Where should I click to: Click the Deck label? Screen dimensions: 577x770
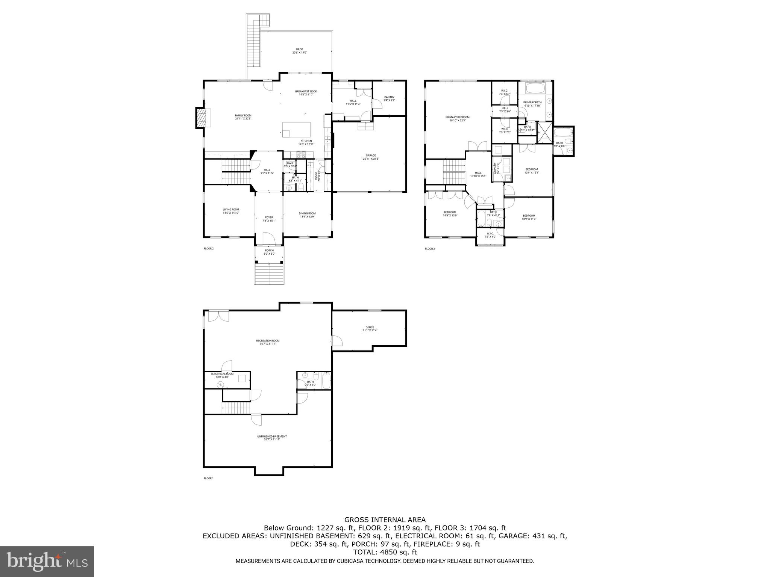click(299, 51)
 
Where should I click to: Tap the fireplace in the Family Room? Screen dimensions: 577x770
click(202, 118)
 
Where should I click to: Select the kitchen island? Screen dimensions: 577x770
click(297, 130)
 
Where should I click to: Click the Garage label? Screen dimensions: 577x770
click(371, 157)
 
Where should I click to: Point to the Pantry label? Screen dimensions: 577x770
click(389, 98)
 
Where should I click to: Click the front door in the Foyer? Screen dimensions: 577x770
click(269, 237)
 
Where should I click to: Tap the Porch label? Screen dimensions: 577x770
click(269, 252)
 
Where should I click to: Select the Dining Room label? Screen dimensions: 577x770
click(307, 215)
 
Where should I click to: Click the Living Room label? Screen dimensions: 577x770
click(230, 211)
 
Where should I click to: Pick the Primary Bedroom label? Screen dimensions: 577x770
click(458, 119)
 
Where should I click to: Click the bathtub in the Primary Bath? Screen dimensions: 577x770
click(534, 89)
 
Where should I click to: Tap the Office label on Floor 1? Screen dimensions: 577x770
click(370, 329)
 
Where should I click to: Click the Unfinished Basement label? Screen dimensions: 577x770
click(272, 438)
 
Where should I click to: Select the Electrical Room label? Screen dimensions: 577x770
click(222, 375)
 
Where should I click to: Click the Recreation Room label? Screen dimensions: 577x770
click(268, 342)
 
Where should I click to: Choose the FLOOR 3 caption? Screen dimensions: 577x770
click(430, 249)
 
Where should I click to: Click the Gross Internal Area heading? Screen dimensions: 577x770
click(385, 520)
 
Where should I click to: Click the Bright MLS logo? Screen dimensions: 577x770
click(47, 562)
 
